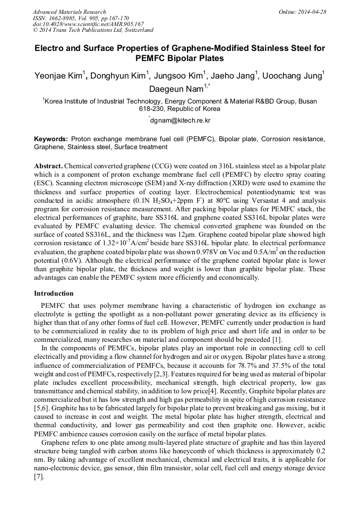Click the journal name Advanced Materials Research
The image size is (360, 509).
tap(69, 12)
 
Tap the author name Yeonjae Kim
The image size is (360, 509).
tap(59, 75)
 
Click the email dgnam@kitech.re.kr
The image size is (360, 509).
tap(181, 120)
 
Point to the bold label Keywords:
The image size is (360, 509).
tap(50, 139)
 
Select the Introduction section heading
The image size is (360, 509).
tap(54, 293)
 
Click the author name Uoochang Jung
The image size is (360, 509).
tap(297, 75)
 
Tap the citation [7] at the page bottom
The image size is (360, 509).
tap(39, 477)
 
